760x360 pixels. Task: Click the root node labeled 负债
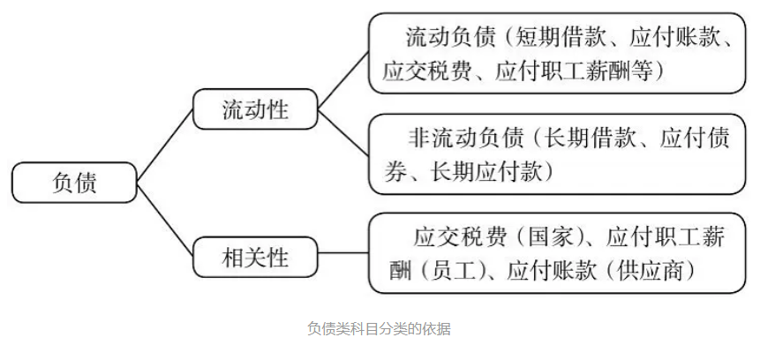(74, 183)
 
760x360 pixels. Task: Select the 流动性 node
(255, 109)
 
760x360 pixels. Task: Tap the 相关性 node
(255, 257)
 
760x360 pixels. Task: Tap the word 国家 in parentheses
(547, 237)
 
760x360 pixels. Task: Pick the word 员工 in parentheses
(453, 271)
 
